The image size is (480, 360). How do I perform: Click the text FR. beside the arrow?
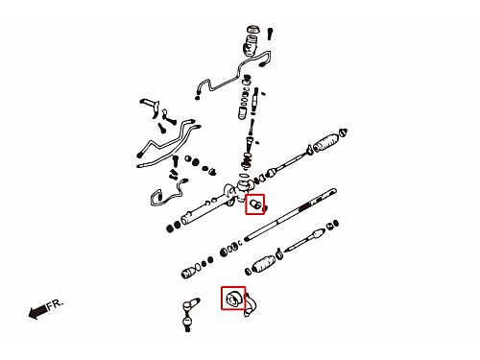click(56, 304)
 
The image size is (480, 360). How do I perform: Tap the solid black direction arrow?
click(37, 312)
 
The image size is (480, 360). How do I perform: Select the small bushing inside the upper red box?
click(255, 204)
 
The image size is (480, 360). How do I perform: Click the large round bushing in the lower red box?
click(233, 300)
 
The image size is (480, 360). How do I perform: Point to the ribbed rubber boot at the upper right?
click(325, 142)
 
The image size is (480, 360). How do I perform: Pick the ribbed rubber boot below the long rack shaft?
click(264, 264)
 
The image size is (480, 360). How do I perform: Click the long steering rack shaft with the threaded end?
click(291, 214)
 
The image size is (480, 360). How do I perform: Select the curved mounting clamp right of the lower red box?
click(250, 304)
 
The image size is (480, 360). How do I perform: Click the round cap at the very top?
click(253, 29)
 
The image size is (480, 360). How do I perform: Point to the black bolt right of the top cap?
click(270, 34)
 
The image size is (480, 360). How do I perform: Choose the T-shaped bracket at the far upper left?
click(150, 107)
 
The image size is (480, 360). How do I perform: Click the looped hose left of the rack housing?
click(167, 194)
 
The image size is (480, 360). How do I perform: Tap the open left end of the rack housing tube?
click(184, 220)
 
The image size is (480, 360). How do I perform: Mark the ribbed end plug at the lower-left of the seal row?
click(188, 273)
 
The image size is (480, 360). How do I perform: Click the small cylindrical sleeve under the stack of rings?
click(242, 113)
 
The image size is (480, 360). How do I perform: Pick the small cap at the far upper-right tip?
click(343, 132)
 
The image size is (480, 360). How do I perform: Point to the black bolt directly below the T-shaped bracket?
click(161, 129)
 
